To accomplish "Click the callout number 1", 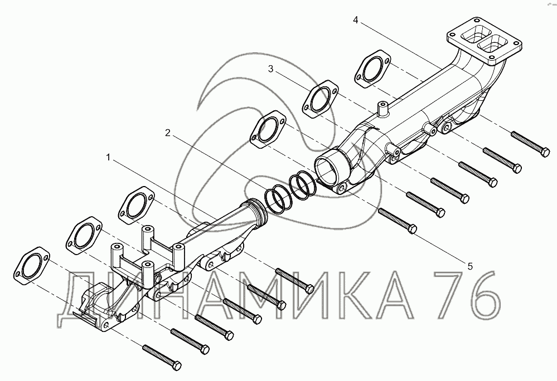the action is point(109,157).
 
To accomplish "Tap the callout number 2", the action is point(168,133).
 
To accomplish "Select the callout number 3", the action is point(270,69).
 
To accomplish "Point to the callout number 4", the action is point(356,20).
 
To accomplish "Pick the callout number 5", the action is point(471,266).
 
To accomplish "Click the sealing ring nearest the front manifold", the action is point(278,199).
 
